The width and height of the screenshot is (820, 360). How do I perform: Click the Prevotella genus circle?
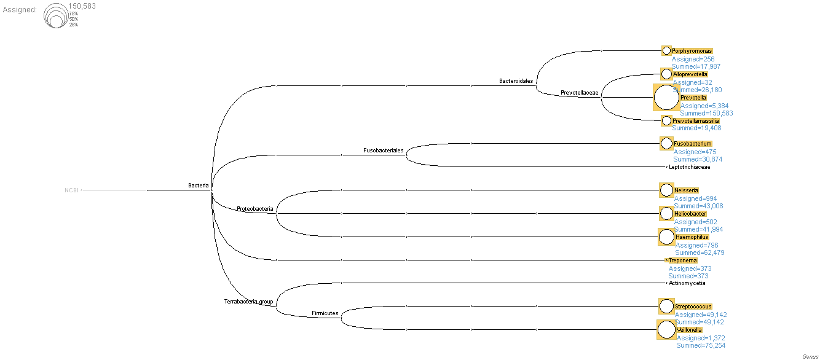(666, 98)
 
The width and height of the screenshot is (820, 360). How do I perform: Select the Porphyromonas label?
(692, 51)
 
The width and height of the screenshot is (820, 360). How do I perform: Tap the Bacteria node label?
(198, 185)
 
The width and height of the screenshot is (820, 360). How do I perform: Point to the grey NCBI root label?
(71, 190)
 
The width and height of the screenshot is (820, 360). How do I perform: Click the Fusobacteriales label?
(383, 150)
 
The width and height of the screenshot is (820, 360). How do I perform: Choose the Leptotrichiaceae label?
(689, 166)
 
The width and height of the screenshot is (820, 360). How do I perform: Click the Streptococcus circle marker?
(666, 306)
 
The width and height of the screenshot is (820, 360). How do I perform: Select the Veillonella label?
(689, 330)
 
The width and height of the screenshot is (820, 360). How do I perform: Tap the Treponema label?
(682, 260)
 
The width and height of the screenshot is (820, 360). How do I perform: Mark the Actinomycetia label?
(687, 283)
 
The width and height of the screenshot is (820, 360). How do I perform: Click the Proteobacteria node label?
(254, 209)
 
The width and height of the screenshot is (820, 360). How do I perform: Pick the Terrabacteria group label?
(248, 302)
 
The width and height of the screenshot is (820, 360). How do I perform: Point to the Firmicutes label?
(325, 313)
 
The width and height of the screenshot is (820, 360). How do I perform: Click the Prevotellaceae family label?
(579, 93)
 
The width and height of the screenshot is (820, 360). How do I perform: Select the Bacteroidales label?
(516, 80)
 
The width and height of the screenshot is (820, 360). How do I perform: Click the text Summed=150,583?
(706, 113)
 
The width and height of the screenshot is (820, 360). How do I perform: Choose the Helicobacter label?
(690, 214)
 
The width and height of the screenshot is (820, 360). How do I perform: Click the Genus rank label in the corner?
(810, 356)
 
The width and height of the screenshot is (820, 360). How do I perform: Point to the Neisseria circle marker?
(666, 190)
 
